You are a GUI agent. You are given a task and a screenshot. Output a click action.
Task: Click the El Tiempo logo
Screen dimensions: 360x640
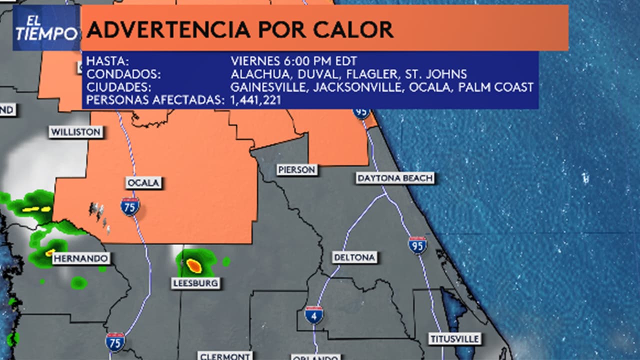[x=46, y=28]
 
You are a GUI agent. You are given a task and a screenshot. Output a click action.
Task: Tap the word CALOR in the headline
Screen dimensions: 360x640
[x=353, y=30]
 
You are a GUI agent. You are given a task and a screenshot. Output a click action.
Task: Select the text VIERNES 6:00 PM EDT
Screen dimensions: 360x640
[x=293, y=61]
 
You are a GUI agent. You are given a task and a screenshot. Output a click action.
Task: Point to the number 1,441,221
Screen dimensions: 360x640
[x=255, y=100]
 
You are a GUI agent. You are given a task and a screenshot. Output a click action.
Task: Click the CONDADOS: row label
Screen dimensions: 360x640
[x=123, y=74]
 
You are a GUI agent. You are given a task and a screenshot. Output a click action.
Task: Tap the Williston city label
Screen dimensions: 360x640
[x=76, y=132]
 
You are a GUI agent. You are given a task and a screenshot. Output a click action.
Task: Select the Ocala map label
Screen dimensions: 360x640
[x=144, y=183]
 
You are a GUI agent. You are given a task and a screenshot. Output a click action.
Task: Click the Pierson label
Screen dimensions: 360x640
[x=297, y=170]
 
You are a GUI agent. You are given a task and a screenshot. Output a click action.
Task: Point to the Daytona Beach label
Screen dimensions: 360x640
[x=395, y=178]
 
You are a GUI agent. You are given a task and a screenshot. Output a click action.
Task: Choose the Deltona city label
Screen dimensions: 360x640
[x=354, y=257]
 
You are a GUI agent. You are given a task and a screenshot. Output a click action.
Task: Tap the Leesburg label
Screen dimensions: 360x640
[x=195, y=283]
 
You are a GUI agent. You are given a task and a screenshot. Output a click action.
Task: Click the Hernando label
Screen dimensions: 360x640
[x=81, y=258]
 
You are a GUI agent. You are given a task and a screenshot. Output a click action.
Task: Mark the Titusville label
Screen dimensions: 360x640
[x=455, y=338]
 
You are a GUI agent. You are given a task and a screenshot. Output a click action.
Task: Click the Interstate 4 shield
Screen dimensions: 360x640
[x=314, y=314]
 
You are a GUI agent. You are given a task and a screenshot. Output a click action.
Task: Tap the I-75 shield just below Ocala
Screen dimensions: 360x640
[x=130, y=206]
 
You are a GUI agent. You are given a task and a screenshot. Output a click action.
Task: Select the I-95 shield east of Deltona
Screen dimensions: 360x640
[x=417, y=245]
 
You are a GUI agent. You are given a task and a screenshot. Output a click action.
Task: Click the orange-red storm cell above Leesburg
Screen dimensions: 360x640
[x=194, y=265]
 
